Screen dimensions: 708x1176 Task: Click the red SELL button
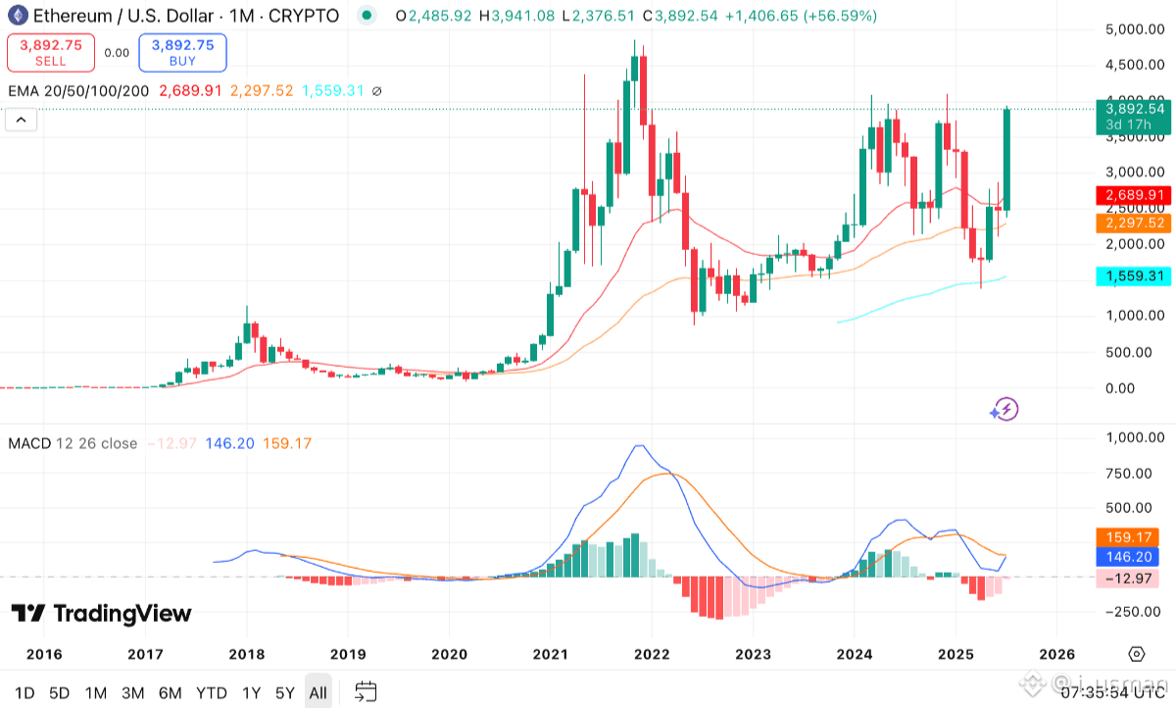click(51, 53)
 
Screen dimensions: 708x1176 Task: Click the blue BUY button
click(183, 53)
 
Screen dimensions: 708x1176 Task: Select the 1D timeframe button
click(24, 692)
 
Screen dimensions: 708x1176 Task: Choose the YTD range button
click(211, 692)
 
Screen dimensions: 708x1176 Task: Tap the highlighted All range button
click(318, 692)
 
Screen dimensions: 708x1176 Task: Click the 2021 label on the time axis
click(550, 654)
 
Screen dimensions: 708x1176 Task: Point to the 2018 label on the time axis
click(246, 654)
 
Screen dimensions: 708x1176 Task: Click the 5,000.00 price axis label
click(1134, 29)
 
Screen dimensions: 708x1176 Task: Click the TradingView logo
click(101, 614)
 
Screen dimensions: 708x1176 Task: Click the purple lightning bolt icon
click(1005, 409)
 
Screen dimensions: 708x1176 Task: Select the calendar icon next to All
click(366, 692)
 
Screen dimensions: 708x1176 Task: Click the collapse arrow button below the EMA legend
click(21, 121)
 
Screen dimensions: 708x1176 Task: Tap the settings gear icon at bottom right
click(1136, 654)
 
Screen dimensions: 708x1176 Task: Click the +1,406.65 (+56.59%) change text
click(802, 16)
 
